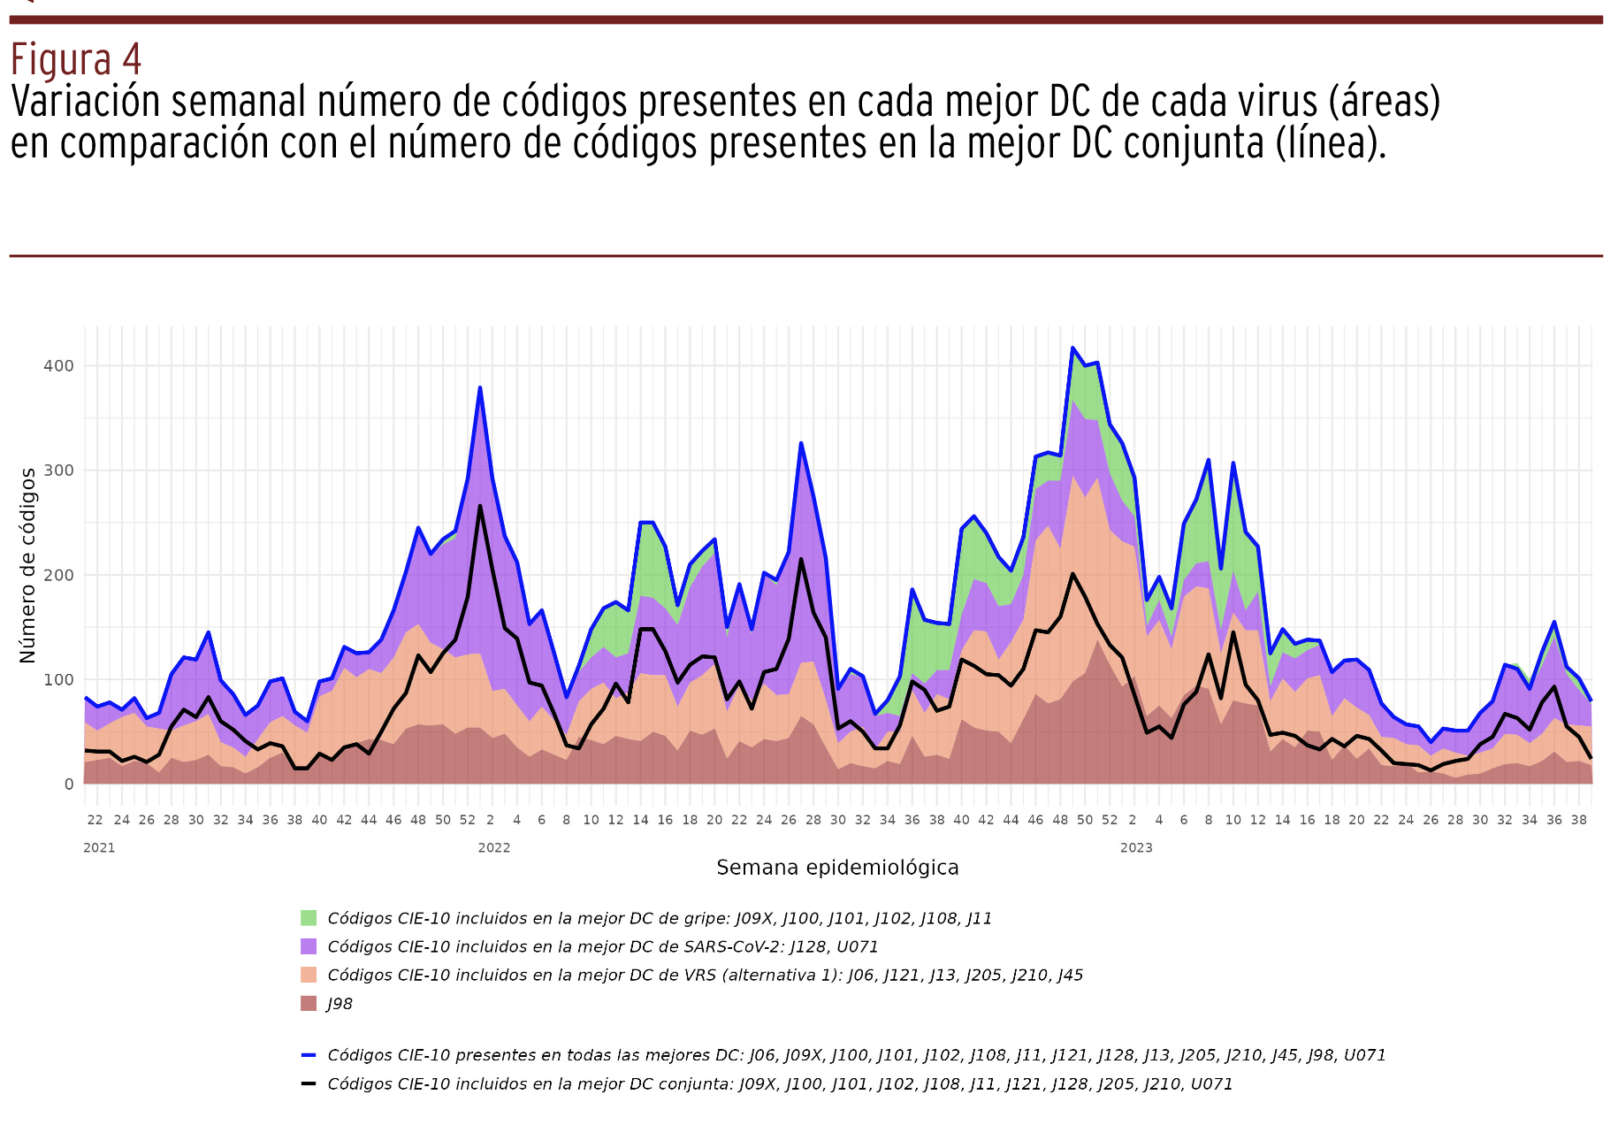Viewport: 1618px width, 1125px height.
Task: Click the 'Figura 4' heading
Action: click(75, 60)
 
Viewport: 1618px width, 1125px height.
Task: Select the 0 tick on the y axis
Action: click(68, 784)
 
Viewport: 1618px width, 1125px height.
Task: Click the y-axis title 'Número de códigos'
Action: click(27, 566)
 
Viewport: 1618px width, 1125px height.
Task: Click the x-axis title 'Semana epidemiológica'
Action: click(837, 868)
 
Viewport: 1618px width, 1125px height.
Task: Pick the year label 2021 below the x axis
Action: click(99, 847)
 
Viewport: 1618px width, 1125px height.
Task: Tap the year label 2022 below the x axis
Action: click(493, 847)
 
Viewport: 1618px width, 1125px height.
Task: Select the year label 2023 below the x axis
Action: click(1136, 847)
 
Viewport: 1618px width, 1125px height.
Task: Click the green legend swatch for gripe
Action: click(309, 918)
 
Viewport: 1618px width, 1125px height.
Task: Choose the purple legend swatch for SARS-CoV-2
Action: click(309, 946)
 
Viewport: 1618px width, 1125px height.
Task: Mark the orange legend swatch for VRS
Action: click(309, 975)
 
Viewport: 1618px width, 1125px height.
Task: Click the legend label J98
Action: click(340, 1004)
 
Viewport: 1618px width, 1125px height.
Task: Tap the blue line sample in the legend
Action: click(309, 1055)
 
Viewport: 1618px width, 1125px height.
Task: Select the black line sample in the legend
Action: click(309, 1083)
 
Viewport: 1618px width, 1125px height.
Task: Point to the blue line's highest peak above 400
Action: click(1072, 348)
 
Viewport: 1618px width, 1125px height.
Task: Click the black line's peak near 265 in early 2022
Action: click(480, 506)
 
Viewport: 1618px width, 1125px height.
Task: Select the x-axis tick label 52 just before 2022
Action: click(468, 820)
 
